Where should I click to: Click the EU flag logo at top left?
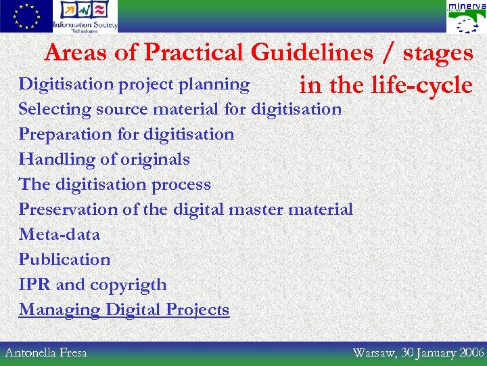point(26,16)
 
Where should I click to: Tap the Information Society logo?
point(85,16)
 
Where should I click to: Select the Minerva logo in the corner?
point(465,17)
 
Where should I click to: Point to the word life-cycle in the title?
point(421,85)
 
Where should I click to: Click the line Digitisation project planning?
point(134,84)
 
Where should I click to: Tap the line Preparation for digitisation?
point(126,134)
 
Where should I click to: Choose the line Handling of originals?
point(104,159)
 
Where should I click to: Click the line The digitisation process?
point(114,184)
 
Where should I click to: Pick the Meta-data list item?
point(59,235)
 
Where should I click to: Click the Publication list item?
point(64,260)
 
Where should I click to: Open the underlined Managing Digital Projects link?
point(124,310)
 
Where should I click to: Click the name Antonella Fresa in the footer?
point(46,352)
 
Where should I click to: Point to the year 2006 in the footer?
point(471,352)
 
